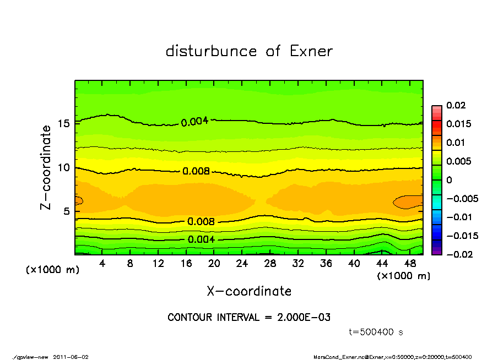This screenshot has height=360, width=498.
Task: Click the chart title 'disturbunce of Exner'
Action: (249, 51)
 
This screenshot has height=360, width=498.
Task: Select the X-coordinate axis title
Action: (249, 291)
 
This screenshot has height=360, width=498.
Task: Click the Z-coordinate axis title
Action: (46, 167)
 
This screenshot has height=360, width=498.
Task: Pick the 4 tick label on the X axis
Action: (102, 264)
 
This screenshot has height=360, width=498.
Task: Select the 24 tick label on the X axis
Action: (242, 264)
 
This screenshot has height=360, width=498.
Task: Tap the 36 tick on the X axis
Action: (326, 264)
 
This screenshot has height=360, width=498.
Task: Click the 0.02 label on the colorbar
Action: (456, 105)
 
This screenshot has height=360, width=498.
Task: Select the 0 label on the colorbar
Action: (450, 180)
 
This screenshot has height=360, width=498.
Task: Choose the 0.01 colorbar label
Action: (456, 143)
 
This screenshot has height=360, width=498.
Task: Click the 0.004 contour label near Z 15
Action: (194, 121)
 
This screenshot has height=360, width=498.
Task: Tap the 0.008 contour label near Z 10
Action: (196, 171)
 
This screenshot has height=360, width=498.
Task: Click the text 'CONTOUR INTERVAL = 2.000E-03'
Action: (249, 318)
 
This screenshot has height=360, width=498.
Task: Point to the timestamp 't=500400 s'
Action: (376, 332)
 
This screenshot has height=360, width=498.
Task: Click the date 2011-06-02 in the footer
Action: (71, 357)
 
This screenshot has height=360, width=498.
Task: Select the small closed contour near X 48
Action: (408, 202)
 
